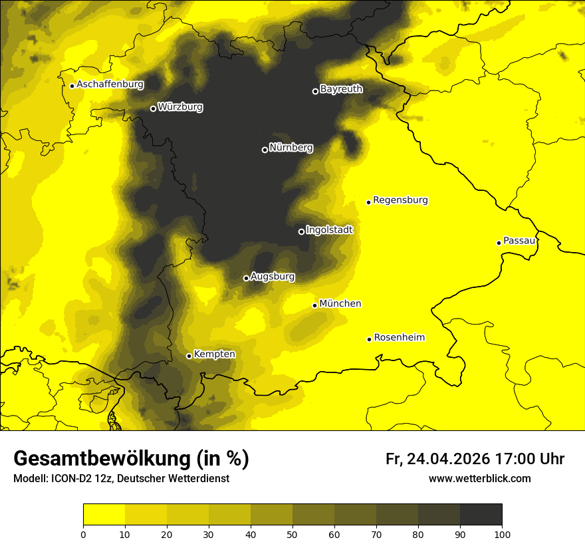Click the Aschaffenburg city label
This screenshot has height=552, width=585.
click(x=110, y=84)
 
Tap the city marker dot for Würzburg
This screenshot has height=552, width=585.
click(x=153, y=108)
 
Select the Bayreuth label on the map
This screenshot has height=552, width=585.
click(x=341, y=88)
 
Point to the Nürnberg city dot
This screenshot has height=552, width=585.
click(x=265, y=150)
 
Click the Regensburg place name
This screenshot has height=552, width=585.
click(x=400, y=200)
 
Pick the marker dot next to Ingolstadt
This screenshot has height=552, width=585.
click(x=301, y=231)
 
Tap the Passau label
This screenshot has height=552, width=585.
click(x=519, y=241)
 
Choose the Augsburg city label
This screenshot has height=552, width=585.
click(x=272, y=277)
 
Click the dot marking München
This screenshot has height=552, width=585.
click(x=315, y=305)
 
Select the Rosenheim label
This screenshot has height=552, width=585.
click(x=399, y=338)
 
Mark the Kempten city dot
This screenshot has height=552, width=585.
click(x=189, y=356)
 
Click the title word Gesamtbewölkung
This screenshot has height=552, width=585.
click(x=102, y=459)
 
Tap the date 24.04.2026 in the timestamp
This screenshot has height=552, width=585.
click(x=447, y=459)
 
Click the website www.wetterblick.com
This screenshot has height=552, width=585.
click(x=479, y=479)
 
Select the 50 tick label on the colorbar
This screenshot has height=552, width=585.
click(x=292, y=534)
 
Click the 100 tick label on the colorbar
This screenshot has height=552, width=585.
click(x=501, y=534)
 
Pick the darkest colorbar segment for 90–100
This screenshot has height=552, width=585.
click(x=481, y=515)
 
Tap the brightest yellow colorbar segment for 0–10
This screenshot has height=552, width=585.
click(x=104, y=515)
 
